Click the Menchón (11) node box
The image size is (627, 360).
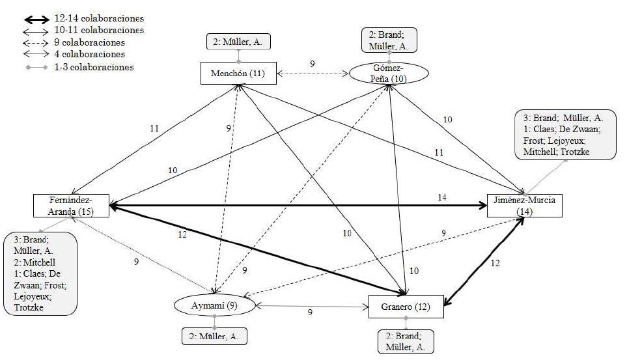coord(238,73)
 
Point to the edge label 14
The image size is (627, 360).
coord(442,197)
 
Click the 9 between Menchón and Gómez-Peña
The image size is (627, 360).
coord(312,64)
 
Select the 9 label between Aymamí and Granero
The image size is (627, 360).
coord(310,312)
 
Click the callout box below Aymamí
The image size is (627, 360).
coord(214,336)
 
